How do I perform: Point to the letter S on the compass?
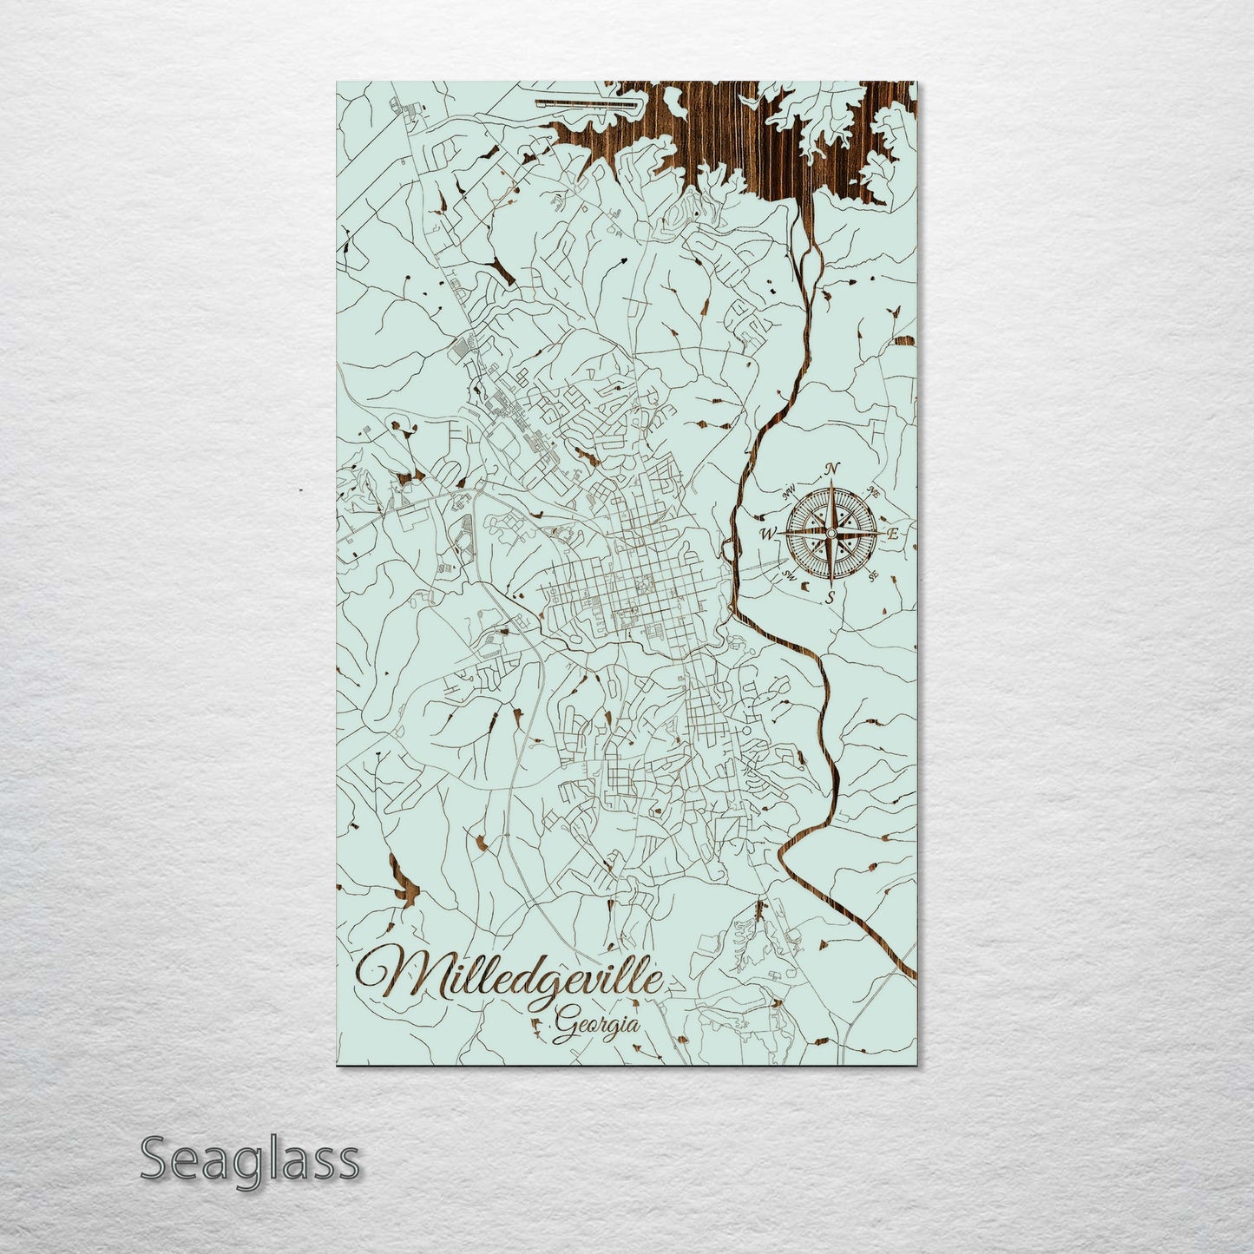pos(831,597)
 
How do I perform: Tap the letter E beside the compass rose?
pos(891,534)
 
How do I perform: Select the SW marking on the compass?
pos(790,573)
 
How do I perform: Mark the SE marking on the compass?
pos(873,573)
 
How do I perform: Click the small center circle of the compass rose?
pos(831,532)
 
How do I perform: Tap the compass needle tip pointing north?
pos(831,486)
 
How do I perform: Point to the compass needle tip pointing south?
pos(831,578)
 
